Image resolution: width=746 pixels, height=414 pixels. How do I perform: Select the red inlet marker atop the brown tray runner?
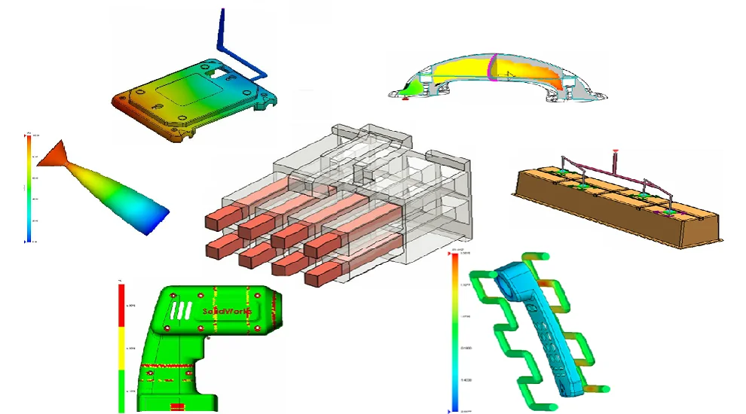616,153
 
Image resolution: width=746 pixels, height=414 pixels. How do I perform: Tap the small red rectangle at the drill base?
178,407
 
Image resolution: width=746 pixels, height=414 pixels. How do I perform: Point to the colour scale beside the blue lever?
454,331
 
